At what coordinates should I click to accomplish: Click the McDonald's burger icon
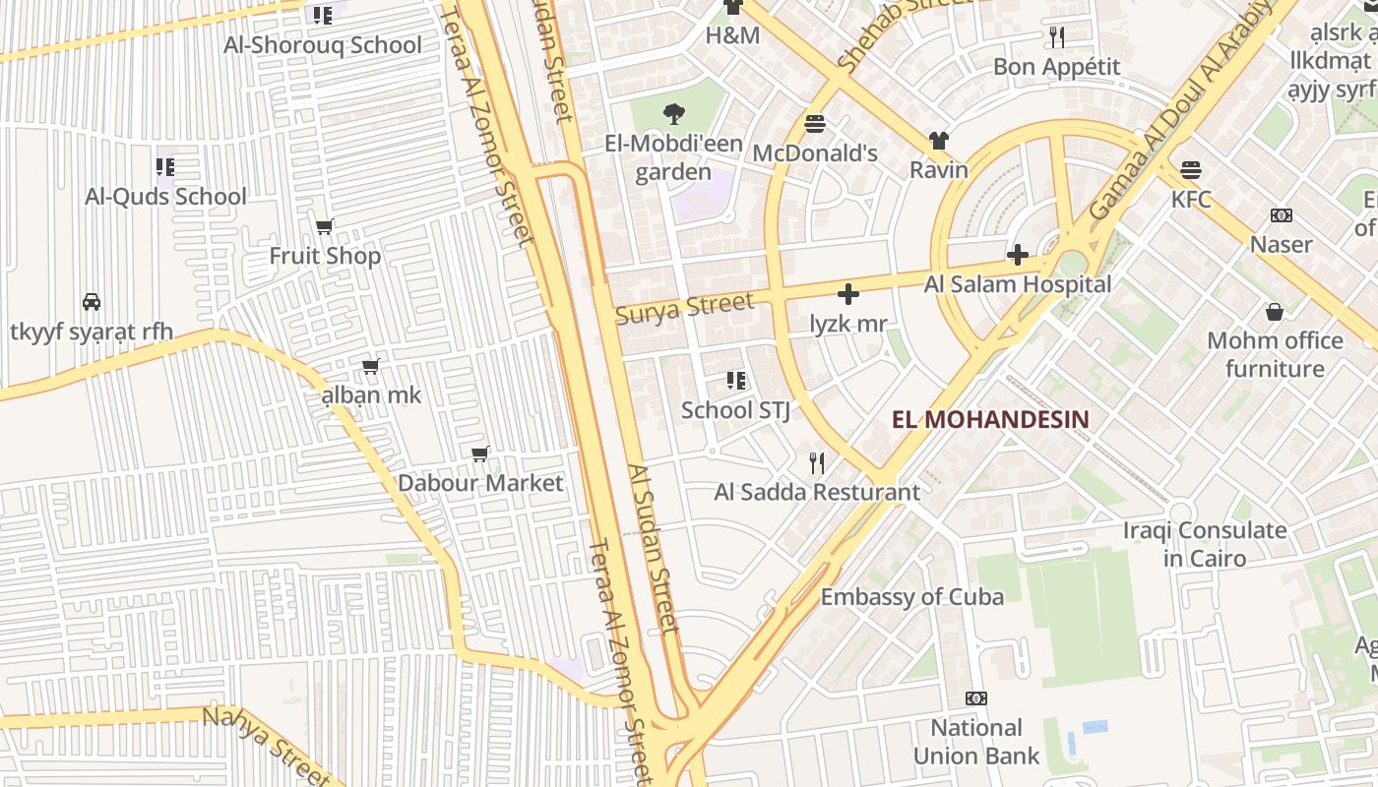815,124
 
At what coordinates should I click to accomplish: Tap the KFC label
1191,200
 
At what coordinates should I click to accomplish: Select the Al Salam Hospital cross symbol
1017,256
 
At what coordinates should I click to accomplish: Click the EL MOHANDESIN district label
990,420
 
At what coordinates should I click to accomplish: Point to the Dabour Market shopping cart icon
480,454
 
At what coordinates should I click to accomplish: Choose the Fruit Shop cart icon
325,227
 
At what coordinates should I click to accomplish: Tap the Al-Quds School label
165,197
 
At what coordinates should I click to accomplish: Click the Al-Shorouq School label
323,45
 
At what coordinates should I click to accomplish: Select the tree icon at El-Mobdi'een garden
674,114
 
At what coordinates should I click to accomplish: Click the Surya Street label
684,308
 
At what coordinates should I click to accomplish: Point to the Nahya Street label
266,745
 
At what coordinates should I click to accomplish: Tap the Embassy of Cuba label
912,597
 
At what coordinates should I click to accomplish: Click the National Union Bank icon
976,698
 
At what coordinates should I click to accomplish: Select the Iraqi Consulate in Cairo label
1205,544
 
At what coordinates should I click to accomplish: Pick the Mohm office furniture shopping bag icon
1275,312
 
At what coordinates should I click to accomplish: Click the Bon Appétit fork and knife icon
1057,37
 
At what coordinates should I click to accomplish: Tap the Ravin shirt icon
939,141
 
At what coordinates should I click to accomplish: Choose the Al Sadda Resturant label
817,492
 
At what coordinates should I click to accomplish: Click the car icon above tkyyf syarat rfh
92,302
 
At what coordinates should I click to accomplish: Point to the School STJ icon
735,381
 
